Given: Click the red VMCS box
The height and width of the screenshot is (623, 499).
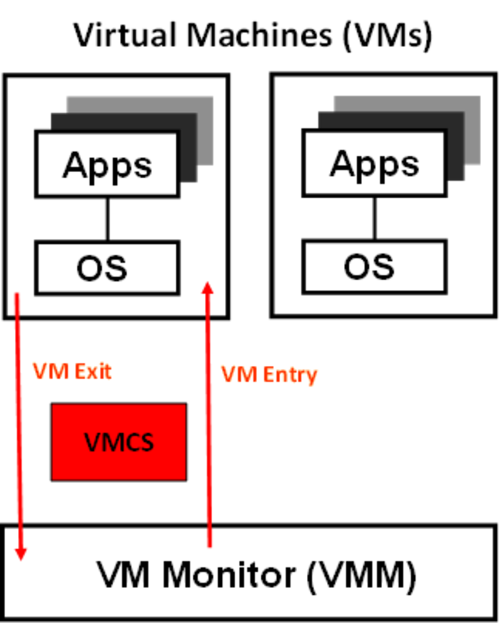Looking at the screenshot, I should [x=118, y=442].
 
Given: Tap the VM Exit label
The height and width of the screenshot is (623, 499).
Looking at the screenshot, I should [x=72, y=371].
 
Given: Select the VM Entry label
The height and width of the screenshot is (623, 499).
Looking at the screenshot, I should [x=269, y=374].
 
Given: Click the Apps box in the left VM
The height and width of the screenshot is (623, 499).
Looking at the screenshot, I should [x=107, y=164].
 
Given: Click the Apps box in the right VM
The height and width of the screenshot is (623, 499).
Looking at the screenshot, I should [x=375, y=164].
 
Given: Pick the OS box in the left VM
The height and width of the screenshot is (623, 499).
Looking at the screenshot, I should [x=107, y=267].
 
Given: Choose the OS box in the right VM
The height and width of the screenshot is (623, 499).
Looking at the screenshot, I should [x=375, y=267].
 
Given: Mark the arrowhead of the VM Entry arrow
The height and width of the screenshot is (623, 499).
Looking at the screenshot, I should [x=209, y=286].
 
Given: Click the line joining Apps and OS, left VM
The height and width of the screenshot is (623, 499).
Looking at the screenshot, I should [x=107, y=218].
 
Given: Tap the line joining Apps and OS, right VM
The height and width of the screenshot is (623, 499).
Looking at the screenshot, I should [x=375, y=218].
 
